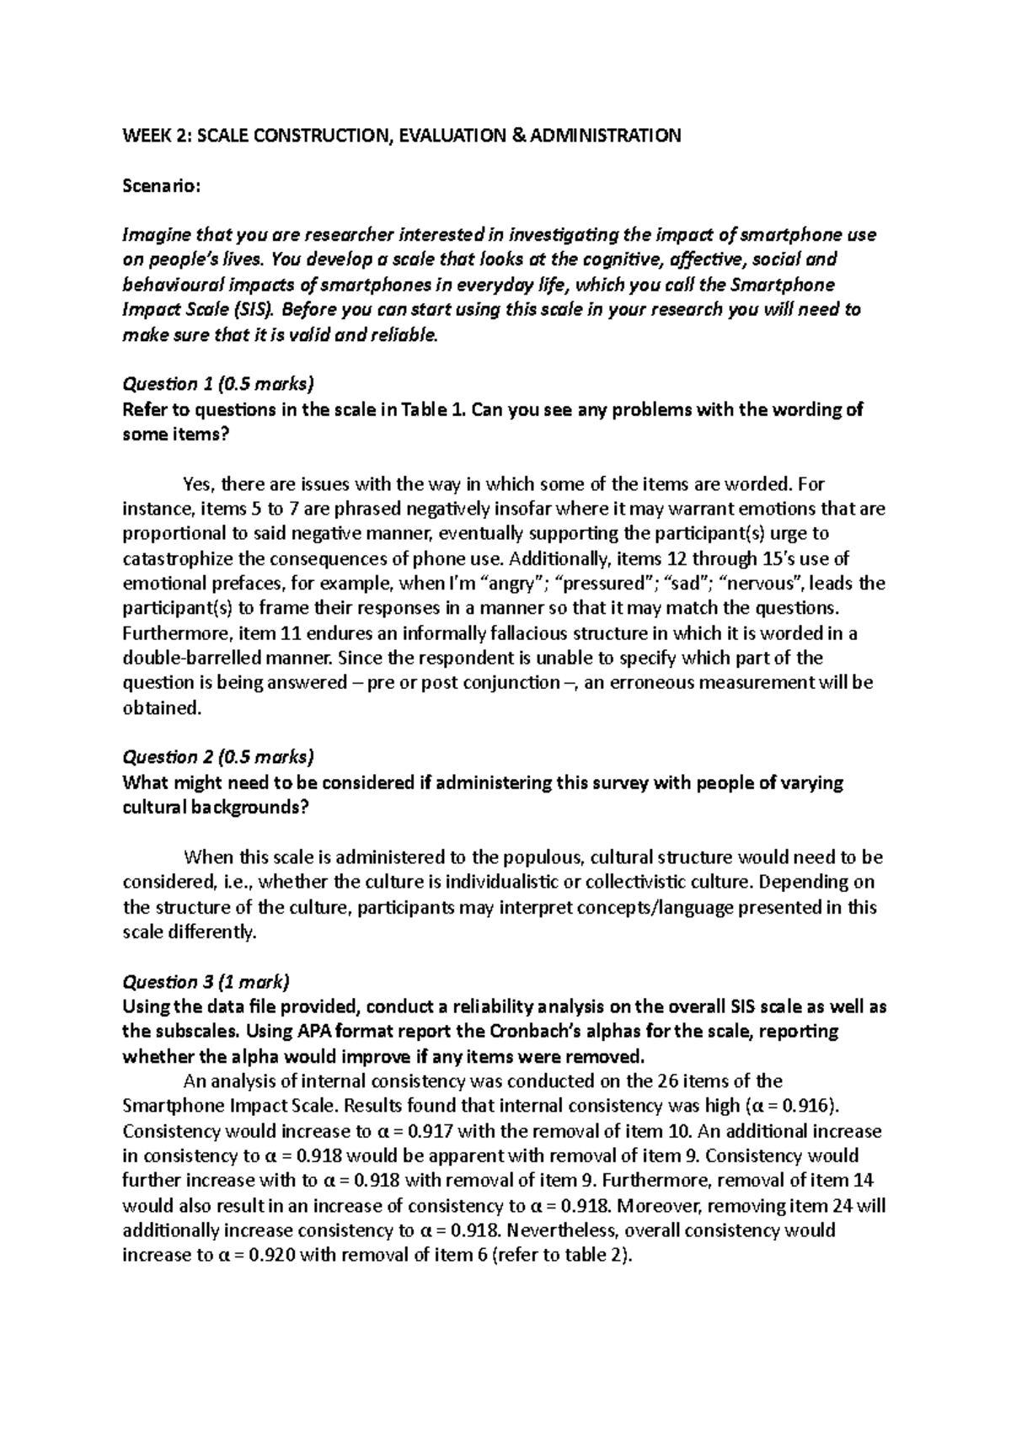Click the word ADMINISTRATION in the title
tap(605, 136)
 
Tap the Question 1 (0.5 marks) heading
tap(218, 384)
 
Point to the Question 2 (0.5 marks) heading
tap(218, 758)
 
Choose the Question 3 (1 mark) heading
tap(206, 982)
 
